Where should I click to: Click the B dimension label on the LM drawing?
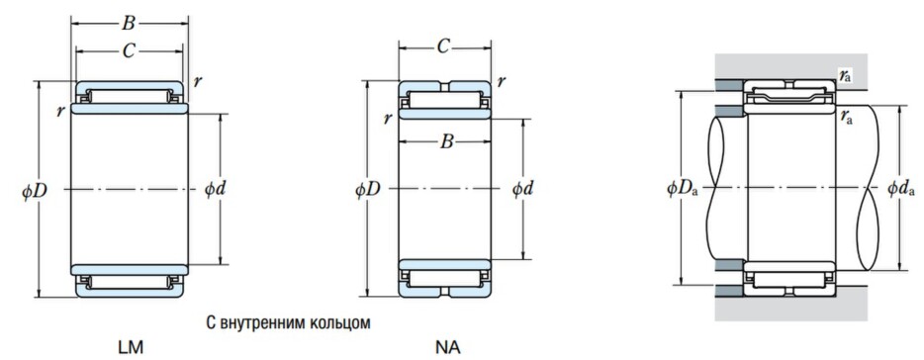129,24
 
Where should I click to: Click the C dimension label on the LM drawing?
129,51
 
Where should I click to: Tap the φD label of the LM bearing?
35,192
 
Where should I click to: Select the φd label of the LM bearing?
215,189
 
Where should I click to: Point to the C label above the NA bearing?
444,46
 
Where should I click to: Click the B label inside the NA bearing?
447,142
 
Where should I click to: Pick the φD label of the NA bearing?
368,189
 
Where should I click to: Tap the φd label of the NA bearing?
522,189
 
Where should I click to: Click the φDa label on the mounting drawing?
683,189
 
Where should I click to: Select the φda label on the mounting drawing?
901,188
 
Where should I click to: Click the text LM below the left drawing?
131,347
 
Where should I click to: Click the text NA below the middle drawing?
447,347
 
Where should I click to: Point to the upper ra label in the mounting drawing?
845,75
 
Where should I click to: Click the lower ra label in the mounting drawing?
846,118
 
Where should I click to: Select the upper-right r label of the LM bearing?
197,81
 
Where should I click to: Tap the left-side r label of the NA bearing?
387,119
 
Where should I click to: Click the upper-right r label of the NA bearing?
501,81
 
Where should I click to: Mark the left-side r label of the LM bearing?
60,112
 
